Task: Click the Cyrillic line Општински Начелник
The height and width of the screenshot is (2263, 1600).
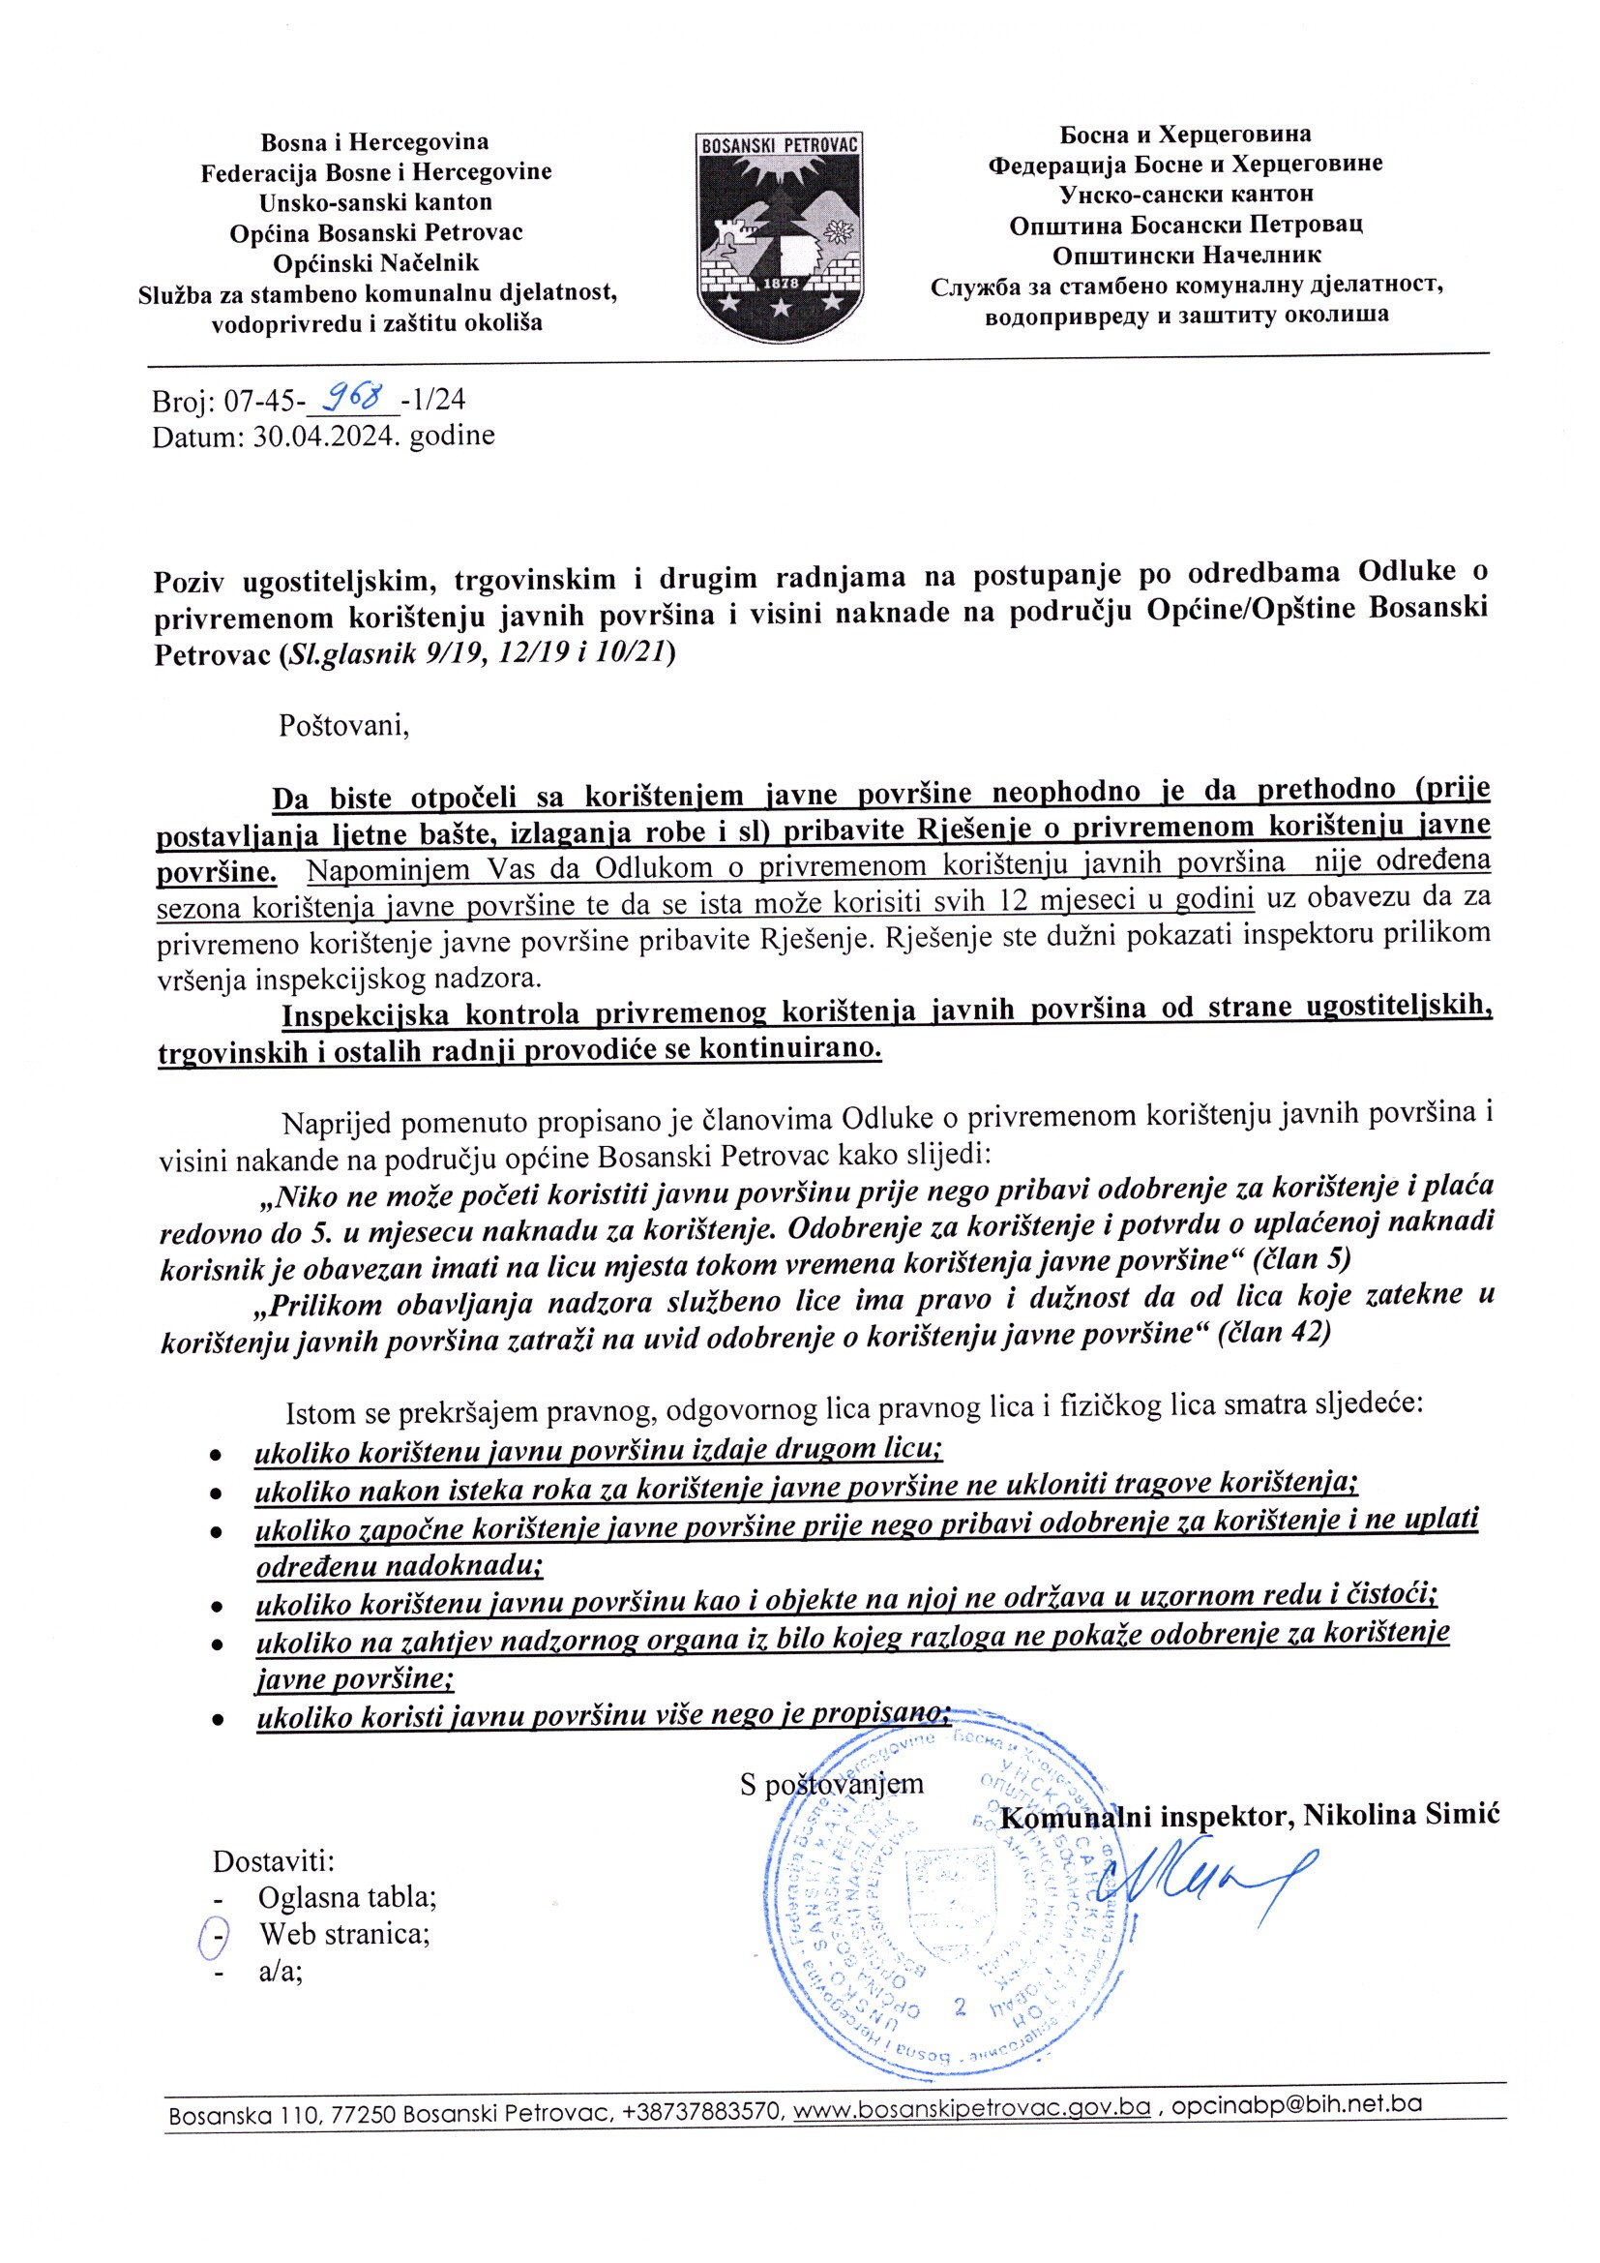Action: pos(1186,256)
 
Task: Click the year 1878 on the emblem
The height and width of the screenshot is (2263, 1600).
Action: pos(782,283)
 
